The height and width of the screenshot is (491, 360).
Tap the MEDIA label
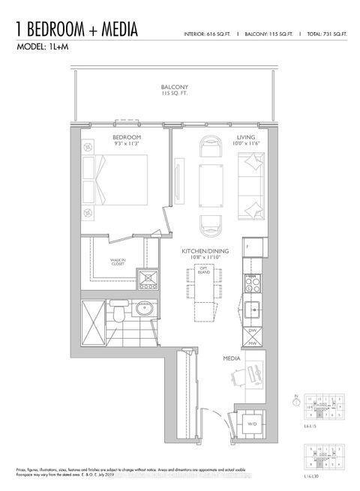point(230,359)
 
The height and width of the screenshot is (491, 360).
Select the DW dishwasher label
point(252,330)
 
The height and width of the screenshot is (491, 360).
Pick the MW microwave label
point(252,343)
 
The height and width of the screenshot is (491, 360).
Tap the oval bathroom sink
point(145,309)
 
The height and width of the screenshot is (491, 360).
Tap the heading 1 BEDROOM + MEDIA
point(76,29)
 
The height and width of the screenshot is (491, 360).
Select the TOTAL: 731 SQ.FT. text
point(328,34)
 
